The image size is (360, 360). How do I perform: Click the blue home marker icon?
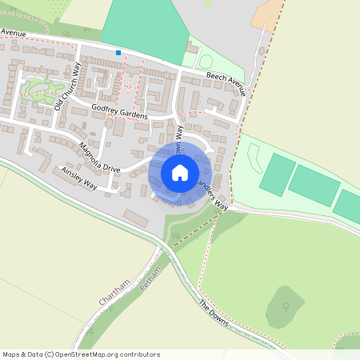click(x=180, y=172)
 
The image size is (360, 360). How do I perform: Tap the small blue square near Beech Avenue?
click(x=118, y=53)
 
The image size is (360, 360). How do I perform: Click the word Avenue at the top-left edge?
click(x=13, y=33)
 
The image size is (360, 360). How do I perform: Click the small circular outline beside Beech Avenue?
click(x=206, y=61)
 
